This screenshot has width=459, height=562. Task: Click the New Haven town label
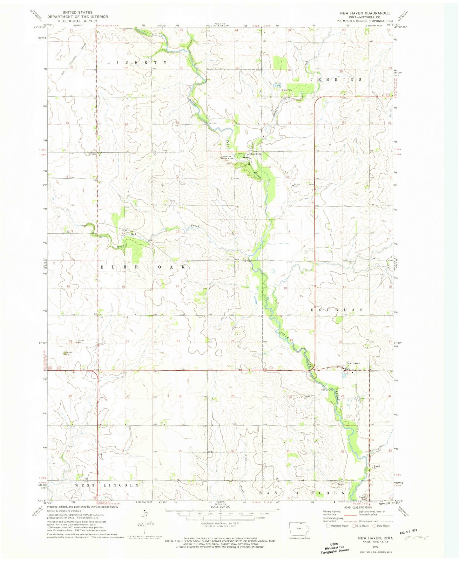tap(353, 363)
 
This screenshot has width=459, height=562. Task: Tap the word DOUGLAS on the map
tap(336, 310)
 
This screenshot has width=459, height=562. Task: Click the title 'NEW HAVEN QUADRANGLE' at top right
tap(365, 13)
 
